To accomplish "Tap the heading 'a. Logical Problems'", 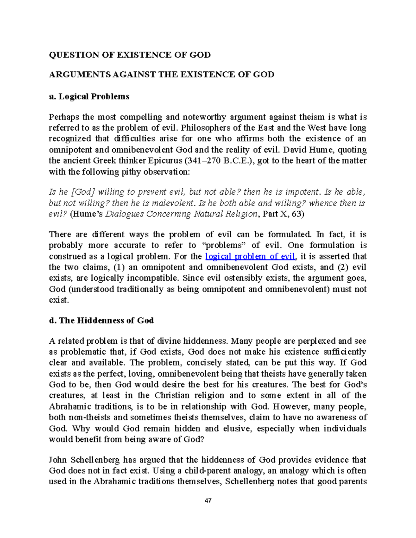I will point(89,96).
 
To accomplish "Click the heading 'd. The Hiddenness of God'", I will point(101,320).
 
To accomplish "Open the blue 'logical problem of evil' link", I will point(250,256).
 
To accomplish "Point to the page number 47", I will point(208,501).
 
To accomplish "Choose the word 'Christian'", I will point(172,395).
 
